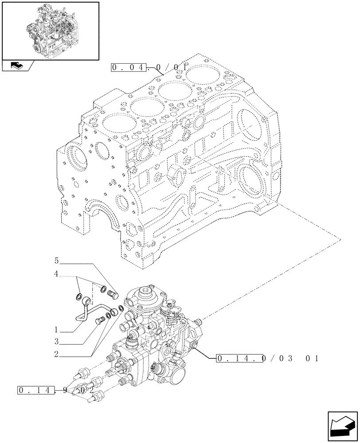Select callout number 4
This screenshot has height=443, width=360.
click(x=56, y=275)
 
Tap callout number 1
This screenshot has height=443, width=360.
click(x=56, y=330)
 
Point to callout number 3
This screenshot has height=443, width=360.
click(x=56, y=342)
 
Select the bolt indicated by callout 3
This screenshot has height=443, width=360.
click(x=100, y=319)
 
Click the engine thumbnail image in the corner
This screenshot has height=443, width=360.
click(x=50, y=30)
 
